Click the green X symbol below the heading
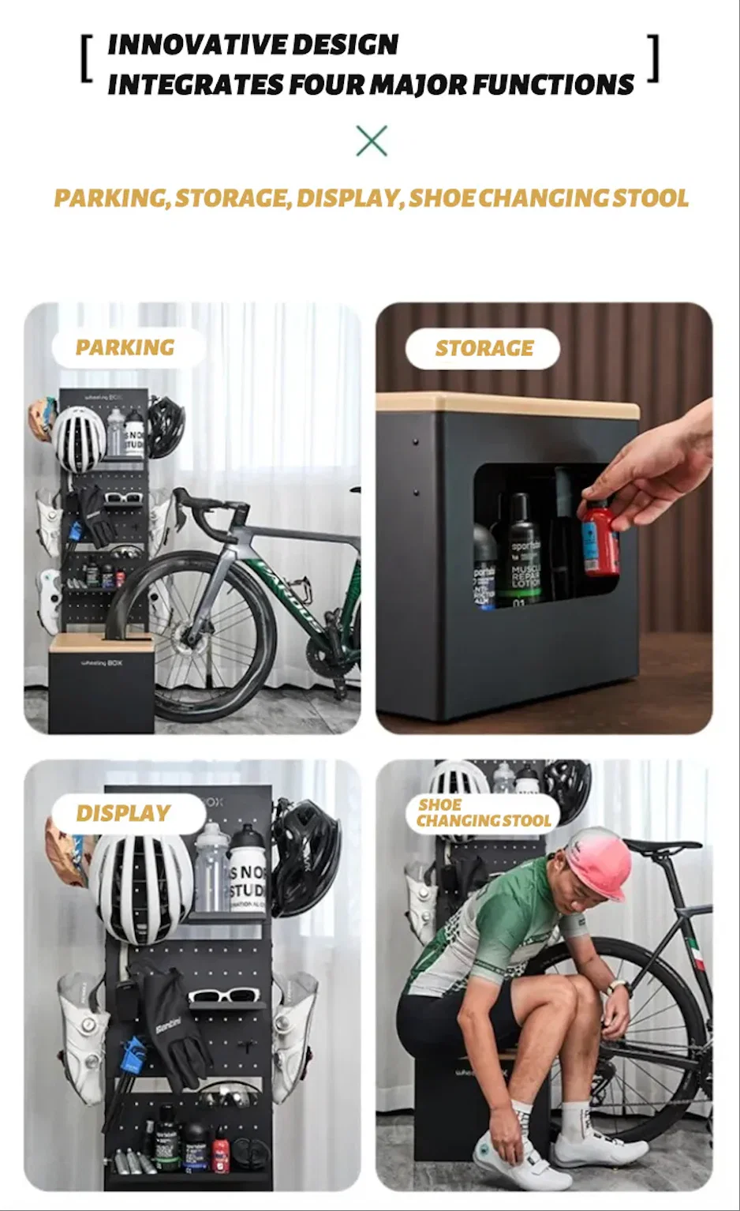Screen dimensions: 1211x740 click(x=371, y=141)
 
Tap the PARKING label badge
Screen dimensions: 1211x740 click(x=126, y=347)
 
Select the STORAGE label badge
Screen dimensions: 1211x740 click(x=483, y=348)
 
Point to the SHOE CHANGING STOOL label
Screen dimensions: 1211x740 click(x=483, y=813)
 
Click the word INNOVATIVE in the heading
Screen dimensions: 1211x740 click(x=186, y=45)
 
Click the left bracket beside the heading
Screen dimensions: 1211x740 click(x=87, y=59)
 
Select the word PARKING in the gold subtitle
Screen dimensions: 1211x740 click(x=110, y=198)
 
